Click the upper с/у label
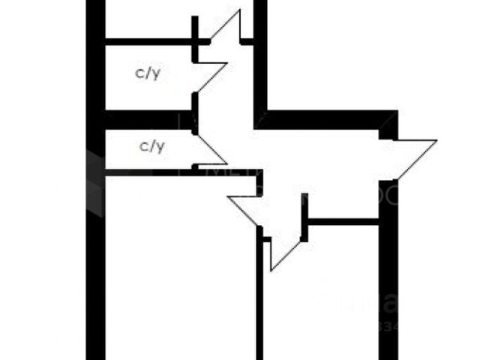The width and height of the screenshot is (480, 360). (x=147, y=73)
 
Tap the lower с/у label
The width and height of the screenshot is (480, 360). (x=152, y=146)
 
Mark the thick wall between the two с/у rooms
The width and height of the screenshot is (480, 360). (x=146, y=119)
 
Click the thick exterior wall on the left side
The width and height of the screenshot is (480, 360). (x=95, y=225)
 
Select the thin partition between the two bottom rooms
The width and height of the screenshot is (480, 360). (x=259, y=300)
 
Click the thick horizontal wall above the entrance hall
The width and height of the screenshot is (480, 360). (x=322, y=119)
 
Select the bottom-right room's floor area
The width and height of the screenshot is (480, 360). (x=322, y=300)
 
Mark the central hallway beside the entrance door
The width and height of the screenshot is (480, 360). (x=322, y=161)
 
